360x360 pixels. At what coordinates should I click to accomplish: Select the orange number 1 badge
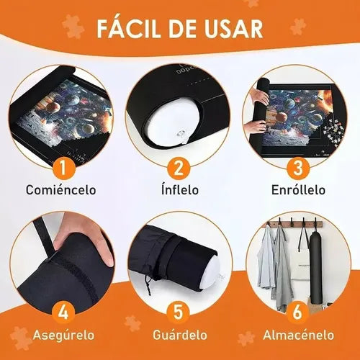click(63, 168)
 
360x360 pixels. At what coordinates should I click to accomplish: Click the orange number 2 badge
click(179, 168)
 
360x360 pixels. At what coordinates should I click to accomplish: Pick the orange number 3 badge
click(297, 168)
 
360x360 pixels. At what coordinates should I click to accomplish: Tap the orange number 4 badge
click(63, 312)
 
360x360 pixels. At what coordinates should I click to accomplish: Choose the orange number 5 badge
click(179, 312)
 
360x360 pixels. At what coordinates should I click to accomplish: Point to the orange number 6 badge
click(297, 312)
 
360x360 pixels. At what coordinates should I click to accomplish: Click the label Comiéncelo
click(61, 189)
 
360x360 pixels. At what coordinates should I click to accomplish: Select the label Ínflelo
click(180, 189)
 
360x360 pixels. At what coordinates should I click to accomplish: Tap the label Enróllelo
click(298, 189)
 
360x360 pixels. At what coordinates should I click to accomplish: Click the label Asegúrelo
click(63, 335)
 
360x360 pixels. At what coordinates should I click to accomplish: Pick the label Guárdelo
click(180, 334)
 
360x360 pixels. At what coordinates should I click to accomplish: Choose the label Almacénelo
click(299, 334)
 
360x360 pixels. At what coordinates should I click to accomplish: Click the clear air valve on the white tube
click(182, 135)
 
